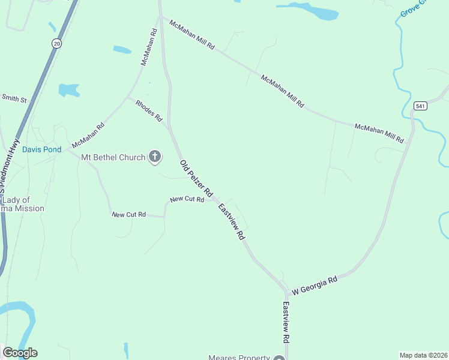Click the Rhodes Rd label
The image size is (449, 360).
click(x=149, y=111)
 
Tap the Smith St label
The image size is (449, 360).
click(x=14, y=97)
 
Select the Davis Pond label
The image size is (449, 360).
click(x=42, y=149)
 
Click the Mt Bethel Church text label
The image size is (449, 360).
click(x=114, y=157)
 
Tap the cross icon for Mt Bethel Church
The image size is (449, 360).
click(x=155, y=157)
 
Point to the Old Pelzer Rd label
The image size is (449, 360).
click(x=196, y=179)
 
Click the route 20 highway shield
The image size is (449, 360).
click(x=56, y=43)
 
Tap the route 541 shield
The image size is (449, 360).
click(x=420, y=106)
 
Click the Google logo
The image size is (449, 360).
click(x=20, y=353)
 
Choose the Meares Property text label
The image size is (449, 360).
click(x=239, y=358)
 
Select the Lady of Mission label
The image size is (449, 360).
click(x=23, y=204)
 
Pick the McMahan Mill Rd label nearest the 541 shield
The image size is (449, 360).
click(x=379, y=133)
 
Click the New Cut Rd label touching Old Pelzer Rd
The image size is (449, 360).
click(x=187, y=199)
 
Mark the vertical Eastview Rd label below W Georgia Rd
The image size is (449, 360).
click(x=286, y=322)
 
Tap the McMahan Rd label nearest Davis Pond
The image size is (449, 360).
click(x=88, y=136)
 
